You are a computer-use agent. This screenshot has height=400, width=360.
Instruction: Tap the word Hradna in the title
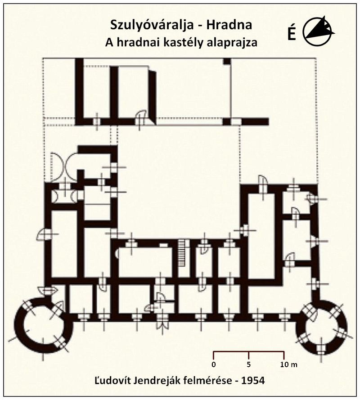229,25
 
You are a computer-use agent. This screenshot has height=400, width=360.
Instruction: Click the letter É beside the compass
292,33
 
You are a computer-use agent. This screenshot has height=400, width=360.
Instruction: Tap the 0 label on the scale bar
214,364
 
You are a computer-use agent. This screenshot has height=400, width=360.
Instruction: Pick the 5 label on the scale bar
249,364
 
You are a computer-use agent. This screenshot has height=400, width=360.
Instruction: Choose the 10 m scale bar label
289,364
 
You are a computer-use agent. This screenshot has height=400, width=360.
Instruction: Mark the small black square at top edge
227,61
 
